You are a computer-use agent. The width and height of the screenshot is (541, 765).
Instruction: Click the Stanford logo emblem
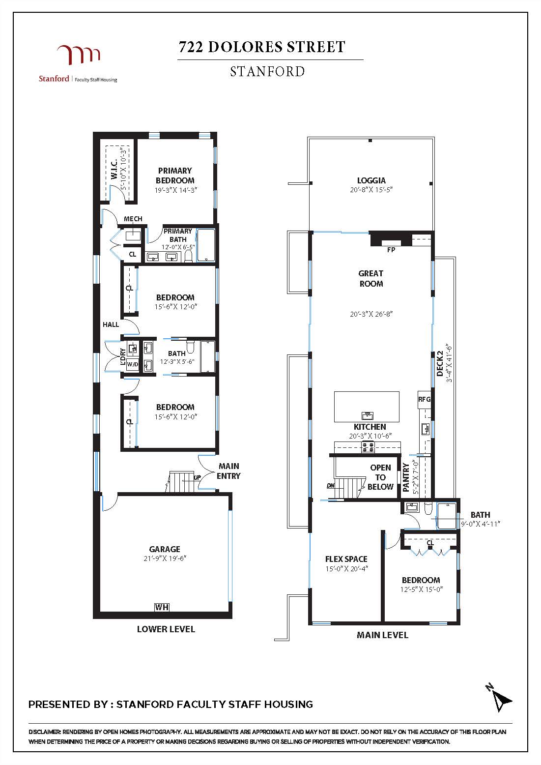[79, 55]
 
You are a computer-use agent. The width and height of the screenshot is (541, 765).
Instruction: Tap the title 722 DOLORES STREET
[262, 47]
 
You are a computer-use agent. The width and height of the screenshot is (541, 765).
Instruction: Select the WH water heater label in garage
[162, 607]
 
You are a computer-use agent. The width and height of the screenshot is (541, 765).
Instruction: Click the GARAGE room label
[165, 549]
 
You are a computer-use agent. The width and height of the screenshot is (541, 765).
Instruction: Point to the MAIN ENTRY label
[229, 471]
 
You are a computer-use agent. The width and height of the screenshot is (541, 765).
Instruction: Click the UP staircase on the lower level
[182, 482]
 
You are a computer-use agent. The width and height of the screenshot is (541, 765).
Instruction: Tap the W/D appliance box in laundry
[133, 364]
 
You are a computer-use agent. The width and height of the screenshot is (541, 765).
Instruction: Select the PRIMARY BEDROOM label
[175, 176]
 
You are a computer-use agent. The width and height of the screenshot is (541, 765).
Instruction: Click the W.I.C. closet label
[114, 169]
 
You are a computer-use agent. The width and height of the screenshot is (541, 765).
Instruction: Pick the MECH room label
[133, 219]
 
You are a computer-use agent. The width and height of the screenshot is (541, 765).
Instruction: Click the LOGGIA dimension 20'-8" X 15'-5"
[371, 190]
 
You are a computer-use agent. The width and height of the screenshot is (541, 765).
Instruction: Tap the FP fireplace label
[391, 250]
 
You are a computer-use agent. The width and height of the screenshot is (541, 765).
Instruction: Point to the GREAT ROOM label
[371, 278]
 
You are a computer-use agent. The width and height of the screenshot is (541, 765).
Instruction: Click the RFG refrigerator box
[424, 400]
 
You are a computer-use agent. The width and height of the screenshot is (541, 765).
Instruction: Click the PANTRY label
[406, 477]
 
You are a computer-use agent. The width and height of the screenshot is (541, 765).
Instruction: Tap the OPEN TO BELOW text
[380, 477]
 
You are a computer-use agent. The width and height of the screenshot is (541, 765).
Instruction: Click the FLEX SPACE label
[346, 559]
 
